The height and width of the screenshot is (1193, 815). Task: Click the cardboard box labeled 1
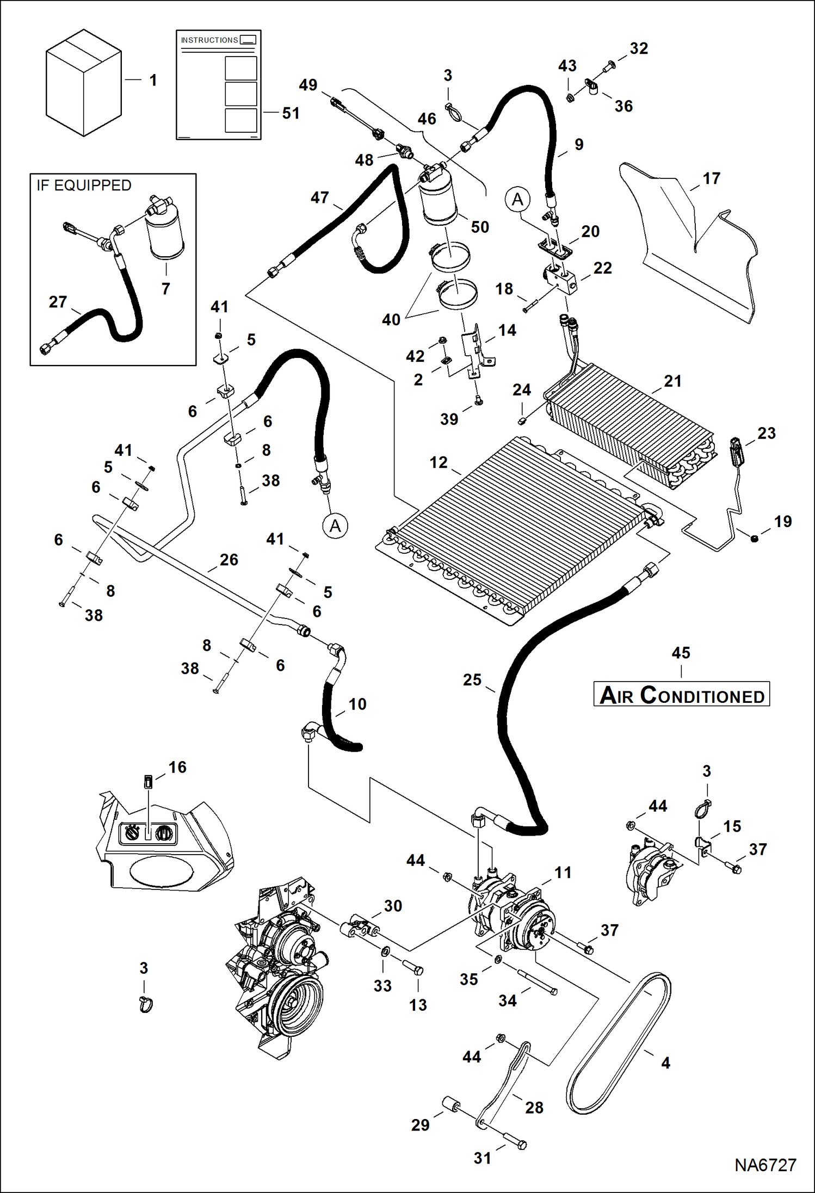pyautogui.click(x=83, y=83)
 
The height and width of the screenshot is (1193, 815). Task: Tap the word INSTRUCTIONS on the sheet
pyautogui.click(x=209, y=40)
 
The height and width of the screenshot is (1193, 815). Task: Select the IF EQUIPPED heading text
pyautogui.click(x=84, y=186)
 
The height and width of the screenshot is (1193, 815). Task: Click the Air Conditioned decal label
pyautogui.click(x=681, y=695)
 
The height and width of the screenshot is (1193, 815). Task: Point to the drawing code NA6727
pyautogui.click(x=765, y=1165)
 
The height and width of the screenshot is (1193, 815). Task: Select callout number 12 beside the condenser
pyautogui.click(x=439, y=462)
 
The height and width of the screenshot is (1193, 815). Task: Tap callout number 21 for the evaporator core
pyautogui.click(x=672, y=381)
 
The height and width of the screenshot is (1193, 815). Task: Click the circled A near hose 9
pyautogui.click(x=517, y=200)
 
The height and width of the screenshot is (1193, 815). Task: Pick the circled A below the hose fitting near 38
pyautogui.click(x=335, y=526)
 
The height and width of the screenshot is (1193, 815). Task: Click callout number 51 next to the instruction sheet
pyautogui.click(x=291, y=113)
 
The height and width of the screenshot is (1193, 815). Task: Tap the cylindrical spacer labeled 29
pyautogui.click(x=451, y=1104)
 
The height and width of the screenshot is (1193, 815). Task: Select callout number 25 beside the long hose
pyautogui.click(x=472, y=680)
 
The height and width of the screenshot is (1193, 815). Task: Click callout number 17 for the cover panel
pyautogui.click(x=711, y=178)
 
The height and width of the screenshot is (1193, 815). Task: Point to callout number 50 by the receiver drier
pyautogui.click(x=480, y=227)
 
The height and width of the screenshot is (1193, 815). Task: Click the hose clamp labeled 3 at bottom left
pyautogui.click(x=146, y=1004)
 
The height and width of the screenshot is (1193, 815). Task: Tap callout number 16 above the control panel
pyautogui.click(x=177, y=768)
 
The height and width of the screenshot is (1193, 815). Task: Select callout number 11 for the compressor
pyautogui.click(x=563, y=873)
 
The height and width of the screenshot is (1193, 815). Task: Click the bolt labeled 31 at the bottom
pyautogui.click(x=515, y=1141)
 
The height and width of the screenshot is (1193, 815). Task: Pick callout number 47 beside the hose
pyautogui.click(x=319, y=197)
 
